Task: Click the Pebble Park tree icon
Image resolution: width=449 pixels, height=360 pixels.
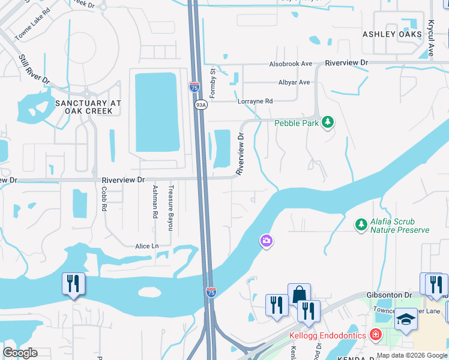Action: [327, 123]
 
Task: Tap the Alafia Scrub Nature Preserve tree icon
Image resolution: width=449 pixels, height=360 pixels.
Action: [361, 224]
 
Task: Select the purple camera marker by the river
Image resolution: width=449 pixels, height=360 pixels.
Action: [266, 241]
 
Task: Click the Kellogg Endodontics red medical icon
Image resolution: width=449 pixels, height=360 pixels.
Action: [376, 334]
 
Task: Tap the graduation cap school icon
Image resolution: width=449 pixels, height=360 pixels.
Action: [406, 320]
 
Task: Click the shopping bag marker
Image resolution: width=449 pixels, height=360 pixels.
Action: [299, 295]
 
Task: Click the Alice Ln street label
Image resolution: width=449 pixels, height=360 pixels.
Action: [147, 246]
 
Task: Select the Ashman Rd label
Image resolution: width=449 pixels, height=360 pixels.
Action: [155, 201]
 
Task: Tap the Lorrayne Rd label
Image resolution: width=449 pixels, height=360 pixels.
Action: [255, 101]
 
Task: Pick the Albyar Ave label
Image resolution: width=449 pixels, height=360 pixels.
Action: [294, 82]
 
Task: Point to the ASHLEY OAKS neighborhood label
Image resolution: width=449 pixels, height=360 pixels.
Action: [392, 34]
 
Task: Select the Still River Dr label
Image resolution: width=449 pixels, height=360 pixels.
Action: [34, 70]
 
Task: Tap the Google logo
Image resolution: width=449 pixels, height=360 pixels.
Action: [20, 353]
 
